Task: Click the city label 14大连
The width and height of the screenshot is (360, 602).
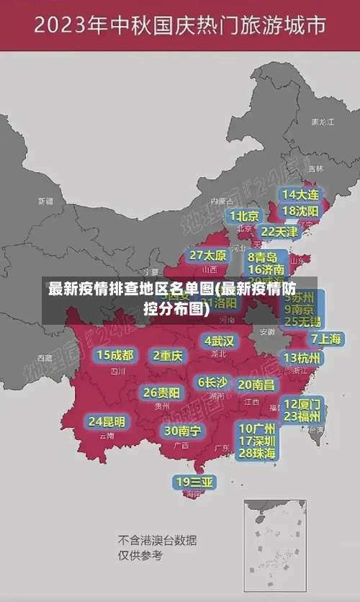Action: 300,194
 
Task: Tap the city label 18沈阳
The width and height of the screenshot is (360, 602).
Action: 300,211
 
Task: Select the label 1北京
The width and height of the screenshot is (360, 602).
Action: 244,215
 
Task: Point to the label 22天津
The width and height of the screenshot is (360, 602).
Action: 279,232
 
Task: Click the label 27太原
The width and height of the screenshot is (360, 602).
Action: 208,256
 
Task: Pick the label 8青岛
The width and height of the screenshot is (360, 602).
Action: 263,257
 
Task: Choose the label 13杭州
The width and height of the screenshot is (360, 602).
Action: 302,358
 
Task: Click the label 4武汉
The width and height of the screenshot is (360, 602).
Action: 219,341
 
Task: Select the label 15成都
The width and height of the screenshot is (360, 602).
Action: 115,355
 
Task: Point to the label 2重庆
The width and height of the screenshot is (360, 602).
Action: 168,355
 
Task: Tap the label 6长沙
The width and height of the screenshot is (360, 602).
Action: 212,382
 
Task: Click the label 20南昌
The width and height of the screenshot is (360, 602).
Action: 256,385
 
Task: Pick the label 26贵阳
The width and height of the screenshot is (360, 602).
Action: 161,392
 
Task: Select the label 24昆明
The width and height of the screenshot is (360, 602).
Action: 107,421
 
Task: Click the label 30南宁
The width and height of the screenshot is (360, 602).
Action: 182,431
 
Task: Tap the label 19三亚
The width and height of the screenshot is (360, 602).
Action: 194,482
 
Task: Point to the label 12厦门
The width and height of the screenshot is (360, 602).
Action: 302,403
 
